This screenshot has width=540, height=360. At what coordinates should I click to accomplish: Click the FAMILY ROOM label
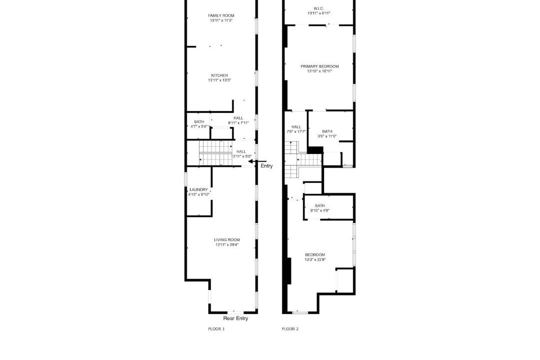click(221, 15)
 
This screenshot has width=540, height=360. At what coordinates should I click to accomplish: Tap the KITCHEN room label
click(219, 75)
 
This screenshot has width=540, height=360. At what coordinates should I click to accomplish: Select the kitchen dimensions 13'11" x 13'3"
click(219, 80)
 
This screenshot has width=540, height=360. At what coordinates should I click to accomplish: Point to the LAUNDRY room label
click(198, 190)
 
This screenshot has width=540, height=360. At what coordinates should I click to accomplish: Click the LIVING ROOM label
click(227, 240)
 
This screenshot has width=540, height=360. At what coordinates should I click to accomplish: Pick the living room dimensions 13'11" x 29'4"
click(227, 245)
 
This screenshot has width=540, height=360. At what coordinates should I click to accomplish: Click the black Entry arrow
click(257, 161)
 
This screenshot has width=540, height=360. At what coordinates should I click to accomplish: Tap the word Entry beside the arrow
click(266, 166)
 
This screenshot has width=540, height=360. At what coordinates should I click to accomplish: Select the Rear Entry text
click(235, 318)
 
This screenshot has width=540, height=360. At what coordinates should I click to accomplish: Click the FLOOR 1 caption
click(216, 329)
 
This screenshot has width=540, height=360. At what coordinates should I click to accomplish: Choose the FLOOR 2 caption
click(290, 329)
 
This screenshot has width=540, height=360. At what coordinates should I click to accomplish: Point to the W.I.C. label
click(318, 8)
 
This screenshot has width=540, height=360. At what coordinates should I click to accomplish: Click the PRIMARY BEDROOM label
click(319, 66)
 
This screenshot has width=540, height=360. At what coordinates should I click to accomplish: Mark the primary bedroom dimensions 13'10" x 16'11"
click(319, 71)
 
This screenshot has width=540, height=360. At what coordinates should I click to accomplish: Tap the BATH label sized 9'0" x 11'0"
click(327, 131)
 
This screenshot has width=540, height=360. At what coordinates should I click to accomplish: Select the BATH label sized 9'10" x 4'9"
click(320, 206)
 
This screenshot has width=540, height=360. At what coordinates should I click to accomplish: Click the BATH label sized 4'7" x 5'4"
click(199, 122)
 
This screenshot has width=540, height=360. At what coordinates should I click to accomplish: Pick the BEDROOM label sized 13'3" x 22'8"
click(315, 255)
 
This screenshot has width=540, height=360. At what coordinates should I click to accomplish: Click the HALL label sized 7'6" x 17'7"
click(296, 127)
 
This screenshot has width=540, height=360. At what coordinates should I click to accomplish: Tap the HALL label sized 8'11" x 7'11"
click(238, 118)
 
